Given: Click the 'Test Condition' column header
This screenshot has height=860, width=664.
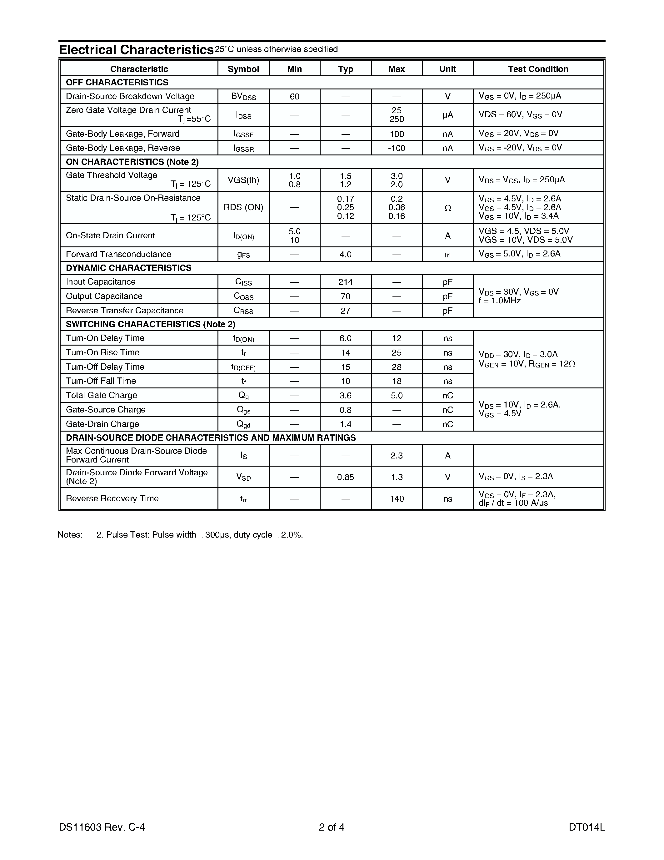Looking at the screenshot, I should click(x=538, y=69).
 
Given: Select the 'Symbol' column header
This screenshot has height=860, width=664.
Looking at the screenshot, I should click(x=243, y=69).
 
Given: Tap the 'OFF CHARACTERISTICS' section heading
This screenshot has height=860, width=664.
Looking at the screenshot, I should click(x=117, y=82).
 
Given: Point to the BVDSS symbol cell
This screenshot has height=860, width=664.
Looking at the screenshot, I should click(x=243, y=96).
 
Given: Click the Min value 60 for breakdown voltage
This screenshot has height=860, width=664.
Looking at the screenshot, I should click(x=294, y=96).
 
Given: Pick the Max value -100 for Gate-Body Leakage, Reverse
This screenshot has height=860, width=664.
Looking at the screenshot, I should click(x=397, y=148).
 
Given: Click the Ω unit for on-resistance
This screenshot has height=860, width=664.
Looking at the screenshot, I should click(x=447, y=208).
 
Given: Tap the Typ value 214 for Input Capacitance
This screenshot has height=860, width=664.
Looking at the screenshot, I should click(x=345, y=282).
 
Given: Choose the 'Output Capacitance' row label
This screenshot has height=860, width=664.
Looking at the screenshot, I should click(x=104, y=296).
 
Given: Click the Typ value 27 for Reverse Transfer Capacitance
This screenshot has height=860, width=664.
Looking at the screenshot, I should click(x=345, y=311).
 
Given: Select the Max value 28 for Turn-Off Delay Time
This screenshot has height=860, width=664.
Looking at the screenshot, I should click(x=397, y=367).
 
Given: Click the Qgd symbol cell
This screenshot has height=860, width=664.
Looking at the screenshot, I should click(x=243, y=424).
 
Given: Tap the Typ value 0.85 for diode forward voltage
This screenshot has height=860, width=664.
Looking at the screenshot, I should click(x=345, y=477).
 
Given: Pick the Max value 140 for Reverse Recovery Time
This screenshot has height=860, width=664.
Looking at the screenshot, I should click(x=397, y=499).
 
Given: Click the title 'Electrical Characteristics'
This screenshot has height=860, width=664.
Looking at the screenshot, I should click(x=136, y=50).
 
